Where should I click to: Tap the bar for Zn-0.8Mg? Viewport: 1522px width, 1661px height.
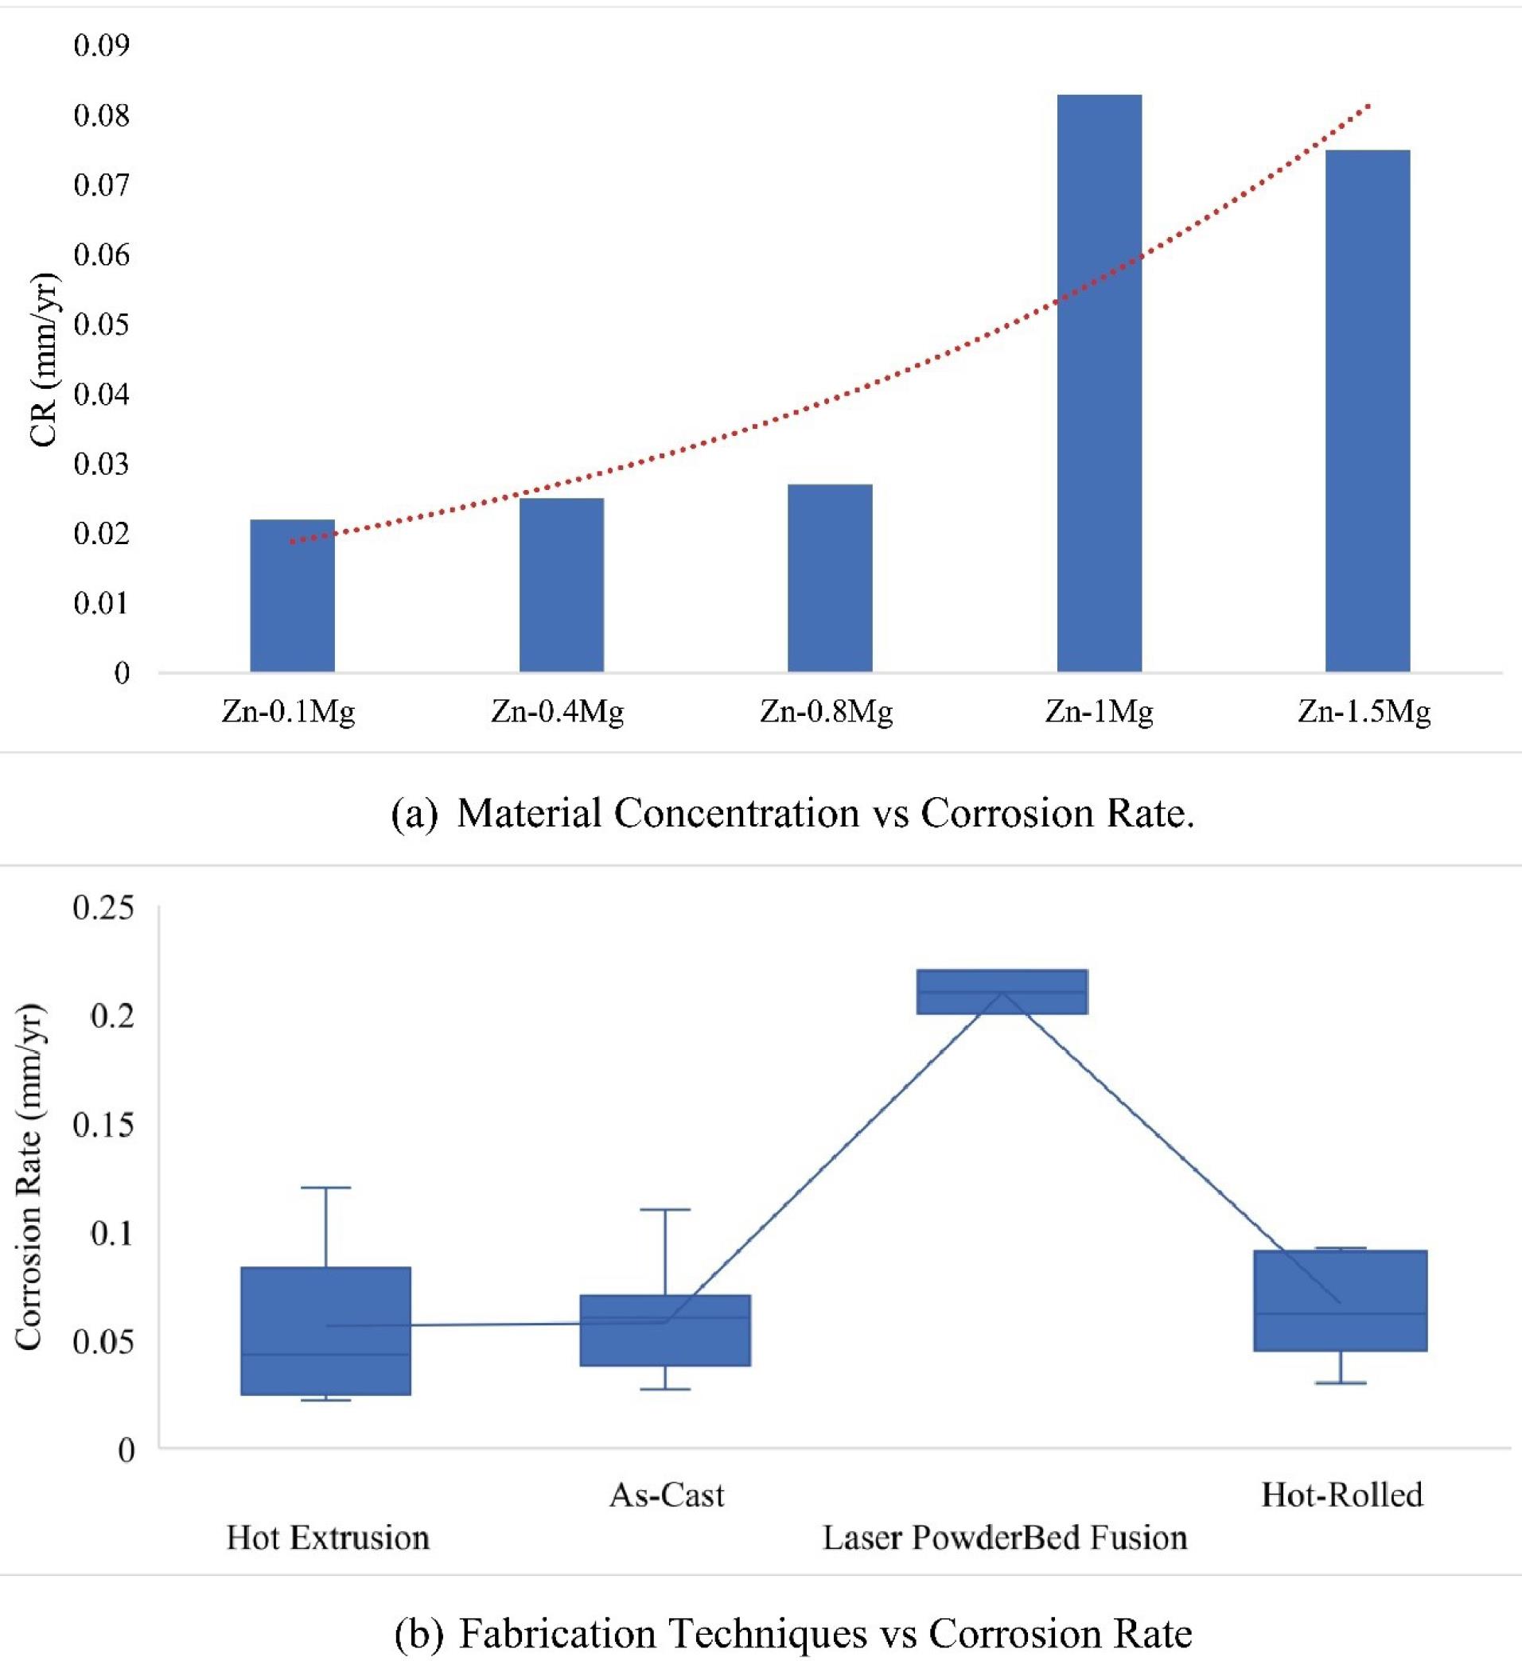click(x=830, y=578)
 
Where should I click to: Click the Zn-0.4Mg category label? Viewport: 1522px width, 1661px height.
click(x=558, y=711)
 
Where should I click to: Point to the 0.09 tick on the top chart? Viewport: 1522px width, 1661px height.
click(x=102, y=45)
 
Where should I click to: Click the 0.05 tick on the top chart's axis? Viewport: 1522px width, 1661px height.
click(x=102, y=325)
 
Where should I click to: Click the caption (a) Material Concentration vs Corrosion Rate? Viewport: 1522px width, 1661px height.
click(x=792, y=814)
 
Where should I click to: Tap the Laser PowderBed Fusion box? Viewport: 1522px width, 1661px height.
click(x=1002, y=991)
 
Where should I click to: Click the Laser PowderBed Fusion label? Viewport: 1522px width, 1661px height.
click(x=1005, y=1538)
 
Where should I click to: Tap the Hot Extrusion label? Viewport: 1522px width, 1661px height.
click(x=328, y=1538)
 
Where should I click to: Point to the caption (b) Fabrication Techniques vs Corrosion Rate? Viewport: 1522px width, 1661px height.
click(x=792, y=1633)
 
